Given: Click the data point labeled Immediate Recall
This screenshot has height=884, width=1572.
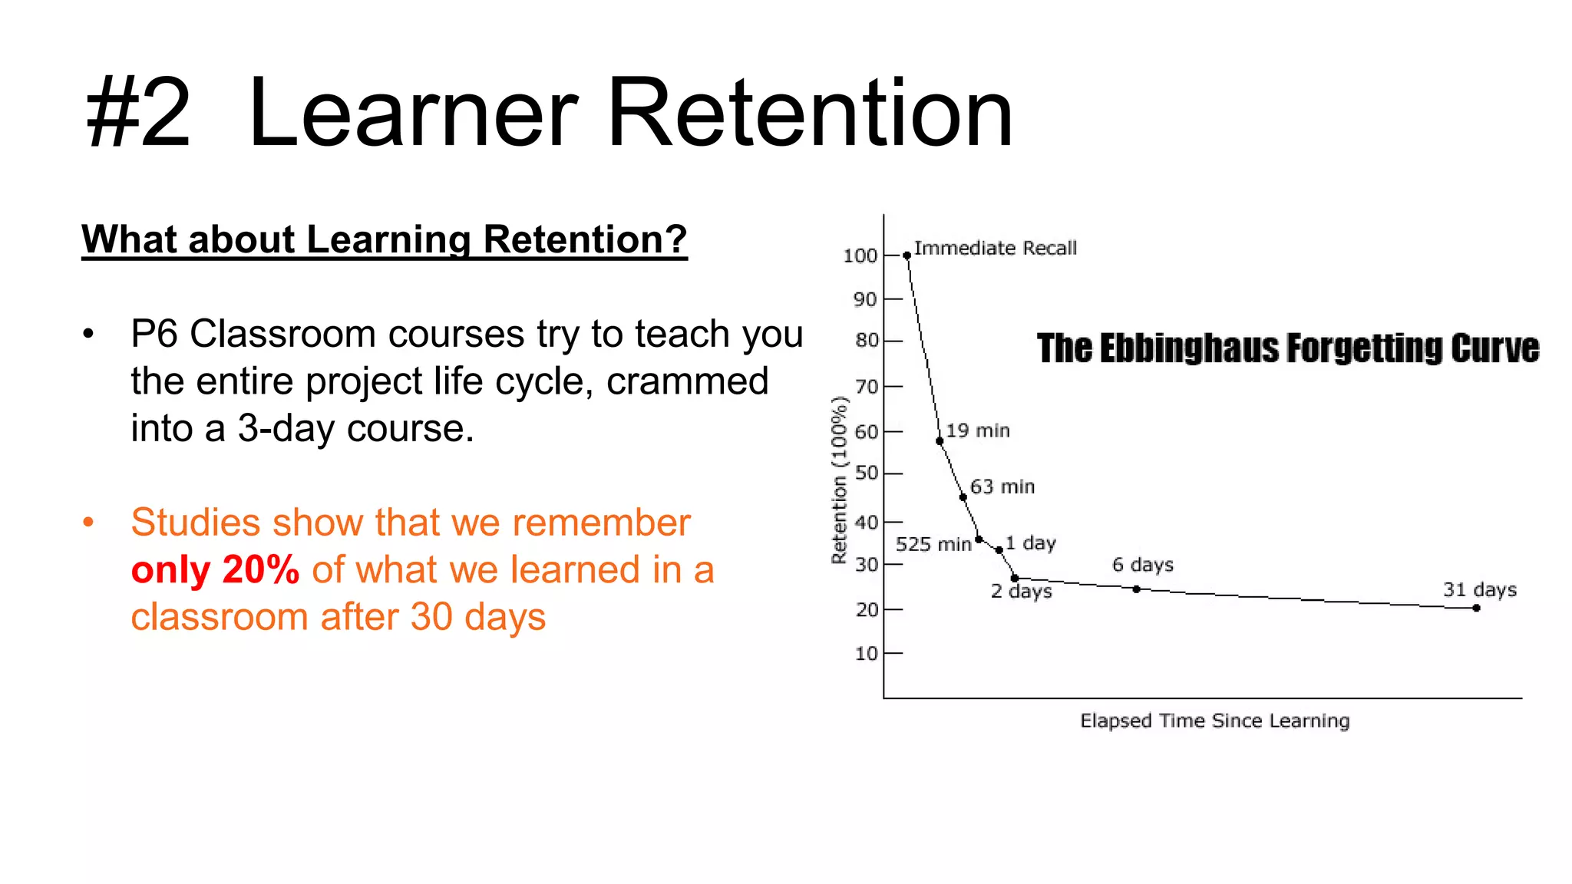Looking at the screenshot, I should coord(907,256).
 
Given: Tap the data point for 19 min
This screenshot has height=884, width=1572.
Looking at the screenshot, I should coord(940,441).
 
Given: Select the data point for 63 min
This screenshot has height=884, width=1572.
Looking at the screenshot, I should coord(963,497).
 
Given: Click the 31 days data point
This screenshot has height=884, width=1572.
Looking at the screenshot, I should coord(1476,608).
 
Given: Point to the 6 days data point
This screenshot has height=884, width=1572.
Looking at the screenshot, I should coord(1136,589).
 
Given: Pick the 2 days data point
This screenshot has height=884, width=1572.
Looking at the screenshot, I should coord(1014,578).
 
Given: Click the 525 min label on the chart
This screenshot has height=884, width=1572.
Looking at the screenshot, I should coord(933,545).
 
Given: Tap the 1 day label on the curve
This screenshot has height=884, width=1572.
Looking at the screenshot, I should coord(1031,543).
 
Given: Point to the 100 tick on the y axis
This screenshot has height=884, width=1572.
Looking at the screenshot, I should coord(860,256).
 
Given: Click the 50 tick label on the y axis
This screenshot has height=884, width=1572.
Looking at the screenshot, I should coord(866,473).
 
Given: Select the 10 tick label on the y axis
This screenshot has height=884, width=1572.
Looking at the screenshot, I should coord(866,654).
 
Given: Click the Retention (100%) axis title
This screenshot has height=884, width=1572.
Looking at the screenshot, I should coord(839,480).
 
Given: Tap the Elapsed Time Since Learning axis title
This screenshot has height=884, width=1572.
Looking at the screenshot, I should coord(1214,721).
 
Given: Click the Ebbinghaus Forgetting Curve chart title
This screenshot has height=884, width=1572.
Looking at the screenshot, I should coord(1287,348).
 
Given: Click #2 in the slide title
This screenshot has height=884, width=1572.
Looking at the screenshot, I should coord(138,114).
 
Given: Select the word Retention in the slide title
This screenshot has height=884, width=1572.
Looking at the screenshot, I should coord(810,114).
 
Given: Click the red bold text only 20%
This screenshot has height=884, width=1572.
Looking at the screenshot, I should coord(215,570).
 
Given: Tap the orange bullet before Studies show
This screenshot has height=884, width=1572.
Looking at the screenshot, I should coord(88,523).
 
